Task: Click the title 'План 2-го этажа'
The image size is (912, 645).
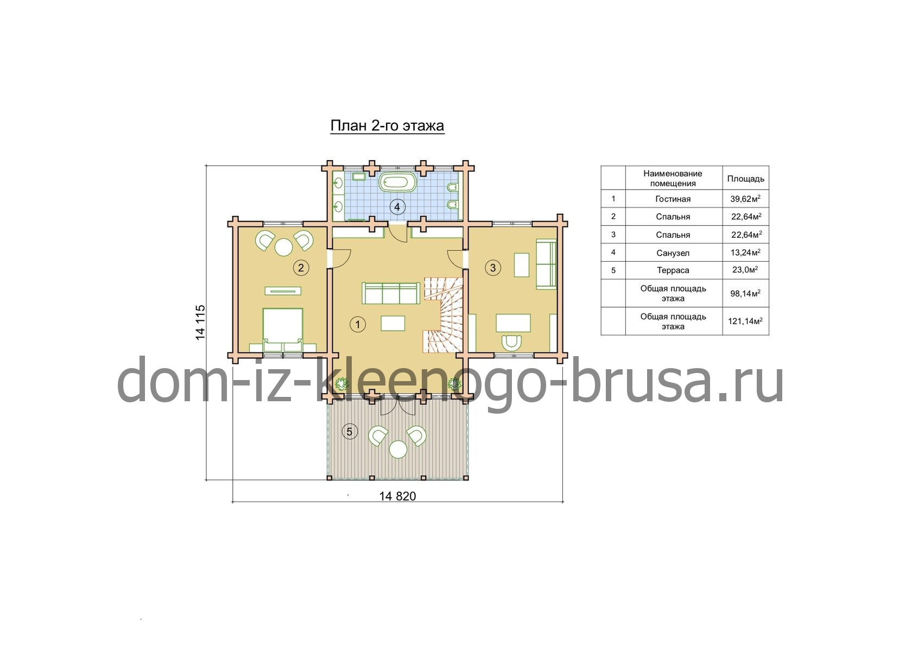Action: [x=387, y=126]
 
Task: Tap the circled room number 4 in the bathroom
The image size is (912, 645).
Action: [x=397, y=207]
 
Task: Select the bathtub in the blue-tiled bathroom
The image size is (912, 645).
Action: [x=398, y=183]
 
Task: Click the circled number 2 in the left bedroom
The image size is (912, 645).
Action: [x=301, y=268]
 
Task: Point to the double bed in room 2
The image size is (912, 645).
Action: [x=283, y=330]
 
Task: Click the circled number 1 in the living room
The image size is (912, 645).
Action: [x=358, y=325]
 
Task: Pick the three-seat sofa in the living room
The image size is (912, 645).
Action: [x=391, y=293]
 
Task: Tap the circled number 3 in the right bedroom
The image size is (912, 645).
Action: [x=493, y=268]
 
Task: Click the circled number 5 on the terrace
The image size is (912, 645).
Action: [x=350, y=431]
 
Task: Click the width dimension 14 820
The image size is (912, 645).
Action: [x=397, y=496]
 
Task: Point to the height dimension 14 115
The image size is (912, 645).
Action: [x=200, y=322]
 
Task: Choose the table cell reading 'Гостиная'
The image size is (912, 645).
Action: [x=673, y=199]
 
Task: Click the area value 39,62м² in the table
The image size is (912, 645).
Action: [x=745, y=199]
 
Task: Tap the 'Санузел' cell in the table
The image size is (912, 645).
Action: [x=673, y=253]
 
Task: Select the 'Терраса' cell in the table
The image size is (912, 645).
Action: [x=673, y=270]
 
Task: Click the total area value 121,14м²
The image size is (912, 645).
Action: [x=745, y=321]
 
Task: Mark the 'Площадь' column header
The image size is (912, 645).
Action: [x=745, y=179]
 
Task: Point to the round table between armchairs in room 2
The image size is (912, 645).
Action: [x=284, y=247]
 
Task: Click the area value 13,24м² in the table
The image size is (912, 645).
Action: [x=745, y=252]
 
